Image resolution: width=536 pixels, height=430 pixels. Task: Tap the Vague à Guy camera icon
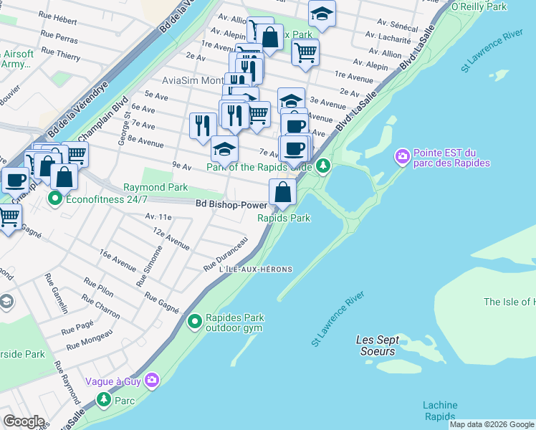tap(151, 381)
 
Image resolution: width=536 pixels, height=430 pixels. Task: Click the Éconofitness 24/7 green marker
tap(54, 198)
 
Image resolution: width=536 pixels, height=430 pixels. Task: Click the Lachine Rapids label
tap(439, 411)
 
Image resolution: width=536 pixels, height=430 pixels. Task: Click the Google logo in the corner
tap(24, 421)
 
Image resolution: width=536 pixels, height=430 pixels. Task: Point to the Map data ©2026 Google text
tap(492, 424)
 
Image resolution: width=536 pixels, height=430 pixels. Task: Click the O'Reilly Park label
tap(479, 6)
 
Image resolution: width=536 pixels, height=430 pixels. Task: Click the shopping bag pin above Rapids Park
tap(283, 192)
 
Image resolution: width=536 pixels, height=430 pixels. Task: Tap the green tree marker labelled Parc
tap(105, 398)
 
